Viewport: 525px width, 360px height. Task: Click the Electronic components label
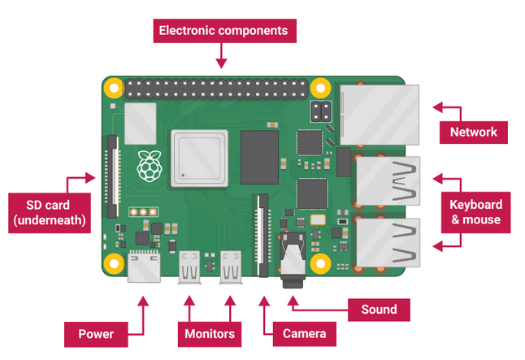click(224, 31)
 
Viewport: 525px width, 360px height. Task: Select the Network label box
click(474, 132)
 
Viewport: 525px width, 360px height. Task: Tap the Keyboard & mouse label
click(475, 212)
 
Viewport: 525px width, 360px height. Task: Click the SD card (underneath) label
click(50, 213)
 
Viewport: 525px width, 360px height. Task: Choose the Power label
click(96, 334)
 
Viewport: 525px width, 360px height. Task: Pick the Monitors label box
click(210, 334)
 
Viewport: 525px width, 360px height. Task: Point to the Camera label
click(304, 334)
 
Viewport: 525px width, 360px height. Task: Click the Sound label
click(379, 310)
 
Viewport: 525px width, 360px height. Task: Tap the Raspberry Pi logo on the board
click(150, 166)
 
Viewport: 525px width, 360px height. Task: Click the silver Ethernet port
click(380, 115)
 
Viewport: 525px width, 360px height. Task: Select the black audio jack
click(293, 260)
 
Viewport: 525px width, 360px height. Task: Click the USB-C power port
click(144, 267)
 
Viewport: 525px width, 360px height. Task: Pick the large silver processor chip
click(200, 158)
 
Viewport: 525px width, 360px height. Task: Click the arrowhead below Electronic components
click(221, 63)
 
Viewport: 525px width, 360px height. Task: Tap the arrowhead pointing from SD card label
click(90, 178)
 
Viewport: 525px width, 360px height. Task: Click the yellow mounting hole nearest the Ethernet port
click(320, 88)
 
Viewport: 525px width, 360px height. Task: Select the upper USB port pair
click(388, 181)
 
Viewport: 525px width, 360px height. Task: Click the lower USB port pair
click(388, 243)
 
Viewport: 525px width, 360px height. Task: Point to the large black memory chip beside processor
click(259, 158)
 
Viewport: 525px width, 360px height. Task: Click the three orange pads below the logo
click(143, 211)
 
